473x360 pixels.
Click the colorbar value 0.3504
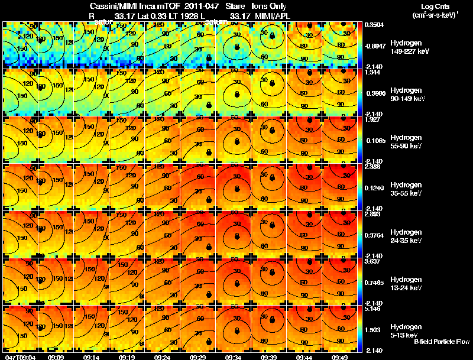pos(374,25)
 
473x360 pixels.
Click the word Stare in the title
pos(235,5)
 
